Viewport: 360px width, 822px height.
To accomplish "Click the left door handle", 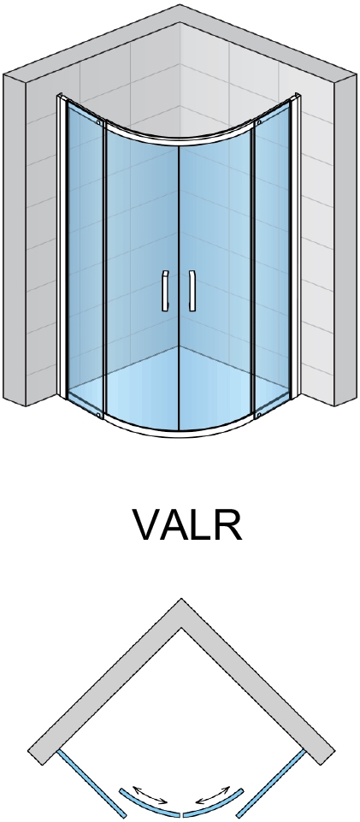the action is point(165,291).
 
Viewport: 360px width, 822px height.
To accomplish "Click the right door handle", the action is point(192,291).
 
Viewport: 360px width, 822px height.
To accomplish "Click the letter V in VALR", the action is point(150,524).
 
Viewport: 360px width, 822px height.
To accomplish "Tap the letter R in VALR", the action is point(228,524).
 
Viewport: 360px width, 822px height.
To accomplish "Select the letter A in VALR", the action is point(180,524).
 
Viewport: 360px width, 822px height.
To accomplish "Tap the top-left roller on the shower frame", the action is point(98,122).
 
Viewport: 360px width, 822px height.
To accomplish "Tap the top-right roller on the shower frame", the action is point(259,122).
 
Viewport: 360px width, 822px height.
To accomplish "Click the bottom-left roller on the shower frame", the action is point(98,415).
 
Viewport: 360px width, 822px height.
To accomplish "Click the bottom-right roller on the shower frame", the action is point(259,415).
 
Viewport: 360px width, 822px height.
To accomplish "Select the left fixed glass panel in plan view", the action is point(91,783).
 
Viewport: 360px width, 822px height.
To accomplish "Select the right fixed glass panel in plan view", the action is point(271,783).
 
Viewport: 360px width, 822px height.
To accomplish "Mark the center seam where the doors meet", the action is point(179,288).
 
